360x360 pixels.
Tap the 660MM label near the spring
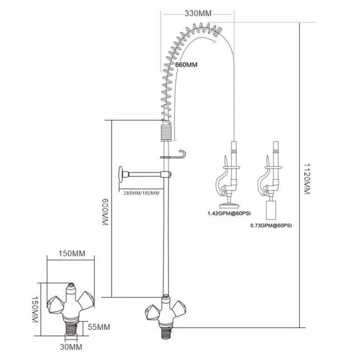[x=186, y=65]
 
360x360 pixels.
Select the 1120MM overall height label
[x=306, y=179]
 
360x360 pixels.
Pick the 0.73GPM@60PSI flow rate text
[x=272, y=225]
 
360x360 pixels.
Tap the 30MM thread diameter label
[x=73, y=347]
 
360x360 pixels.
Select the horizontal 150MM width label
[x=73, y=254]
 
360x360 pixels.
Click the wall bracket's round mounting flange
[x=121, y=175]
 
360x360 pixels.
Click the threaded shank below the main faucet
[x=165, y=330]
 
